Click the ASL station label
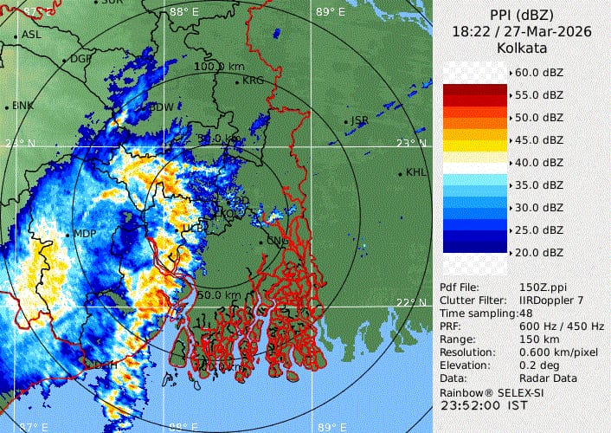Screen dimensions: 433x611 (31, 35)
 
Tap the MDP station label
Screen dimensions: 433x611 (85, 234)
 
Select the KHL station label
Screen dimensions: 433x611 (416, 172)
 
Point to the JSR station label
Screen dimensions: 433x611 (360, 120)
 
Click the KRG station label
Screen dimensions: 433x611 (253, 81)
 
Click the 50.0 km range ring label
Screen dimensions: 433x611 (219, 295)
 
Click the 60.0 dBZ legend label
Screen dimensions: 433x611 (541, 72)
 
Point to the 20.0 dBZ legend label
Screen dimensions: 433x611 (541, 253)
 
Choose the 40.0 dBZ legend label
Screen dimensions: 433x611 (541, 162)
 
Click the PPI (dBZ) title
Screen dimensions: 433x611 (522, 16)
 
